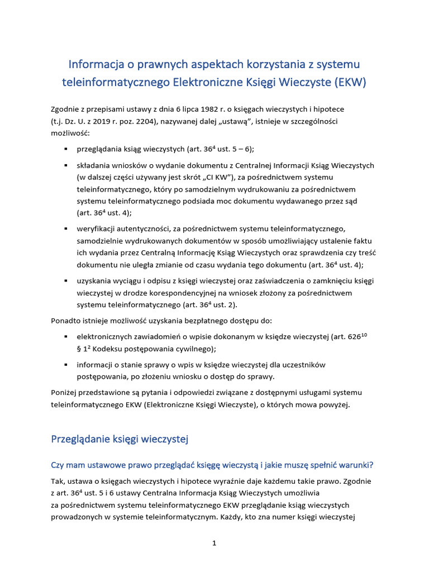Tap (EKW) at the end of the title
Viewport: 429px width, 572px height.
click(x=350, y=83)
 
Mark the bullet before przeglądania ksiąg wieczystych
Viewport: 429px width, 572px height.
click(x=66, y=149)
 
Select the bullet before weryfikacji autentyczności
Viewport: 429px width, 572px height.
click(x=66, y=229)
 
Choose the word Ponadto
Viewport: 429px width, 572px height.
click(x=66, y=321)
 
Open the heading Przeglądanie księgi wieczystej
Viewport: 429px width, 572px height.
click(x=120, y=440)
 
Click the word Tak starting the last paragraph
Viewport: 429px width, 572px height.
click(x=58, y=482)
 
